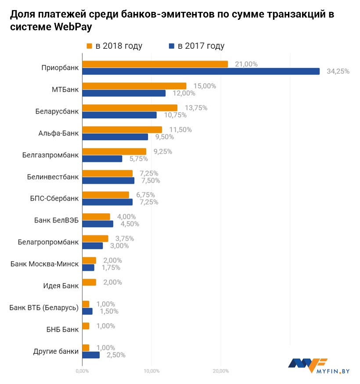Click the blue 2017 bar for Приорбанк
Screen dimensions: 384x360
(201, 71)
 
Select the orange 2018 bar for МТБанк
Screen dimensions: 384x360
(134, 86)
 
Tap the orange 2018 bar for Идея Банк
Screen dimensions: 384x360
(89, 282)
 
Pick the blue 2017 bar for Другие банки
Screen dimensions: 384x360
(91, 355)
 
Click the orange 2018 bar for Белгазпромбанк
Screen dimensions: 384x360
(114, 151)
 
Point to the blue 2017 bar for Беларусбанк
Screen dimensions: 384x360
(119, 115)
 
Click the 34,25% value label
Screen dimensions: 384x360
(338, 71)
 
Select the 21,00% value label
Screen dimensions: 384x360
(246, 64)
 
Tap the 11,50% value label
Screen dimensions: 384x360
(180, 129)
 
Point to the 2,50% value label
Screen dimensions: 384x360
(116, 355)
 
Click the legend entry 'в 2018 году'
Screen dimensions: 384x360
(114, 46)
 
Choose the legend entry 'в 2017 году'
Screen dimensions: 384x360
(196, 46)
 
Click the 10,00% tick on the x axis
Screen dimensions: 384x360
(151, 372)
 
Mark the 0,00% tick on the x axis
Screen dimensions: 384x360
(82, 372)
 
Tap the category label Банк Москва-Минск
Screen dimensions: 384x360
(45, 264)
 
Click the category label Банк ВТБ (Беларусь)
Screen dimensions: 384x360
(44, 308)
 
